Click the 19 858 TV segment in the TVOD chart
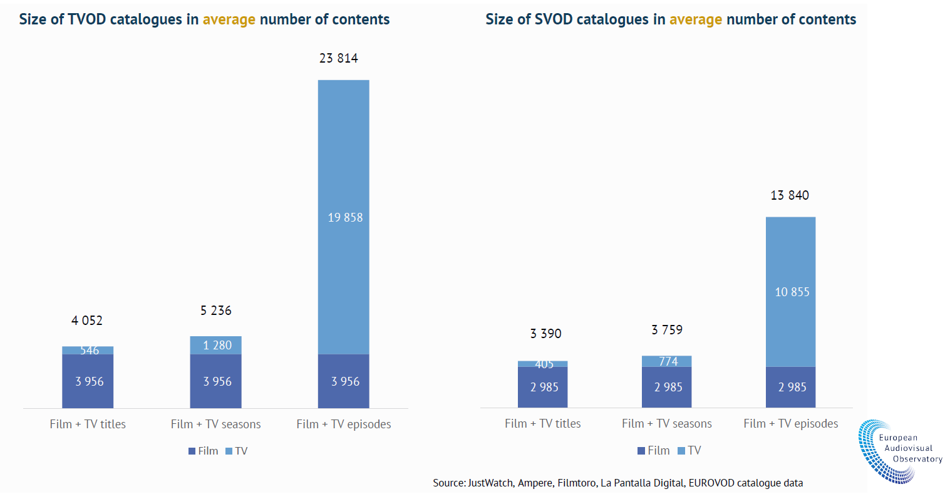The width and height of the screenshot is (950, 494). (x=344, y=217)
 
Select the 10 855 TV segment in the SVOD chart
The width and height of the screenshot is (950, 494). (x=791, y=292)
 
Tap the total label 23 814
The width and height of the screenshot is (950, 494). (x=338, y=58)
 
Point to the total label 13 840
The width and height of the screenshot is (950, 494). (x=789, y=195)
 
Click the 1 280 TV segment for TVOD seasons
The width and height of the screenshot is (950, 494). (x=216, y=345)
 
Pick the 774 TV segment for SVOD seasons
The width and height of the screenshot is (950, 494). (x=667, y=361)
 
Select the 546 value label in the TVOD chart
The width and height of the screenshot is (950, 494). (x=89, y=351)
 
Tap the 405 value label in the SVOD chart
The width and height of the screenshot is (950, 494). (x=544, y=364)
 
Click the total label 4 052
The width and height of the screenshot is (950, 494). (x=86, y=321)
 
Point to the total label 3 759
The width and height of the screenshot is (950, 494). (x=666, y=330)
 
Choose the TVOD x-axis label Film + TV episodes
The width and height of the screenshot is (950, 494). (x=343, y=424)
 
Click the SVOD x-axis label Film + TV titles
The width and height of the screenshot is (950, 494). (x=542, y=423)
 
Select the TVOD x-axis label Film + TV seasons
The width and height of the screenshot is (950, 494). (x=215, y=424)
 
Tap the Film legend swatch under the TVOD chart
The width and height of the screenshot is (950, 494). (x=192, y=451)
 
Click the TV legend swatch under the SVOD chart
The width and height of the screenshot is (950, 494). (x=681, y=451)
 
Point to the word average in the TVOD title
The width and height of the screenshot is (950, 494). (x=229, y=19)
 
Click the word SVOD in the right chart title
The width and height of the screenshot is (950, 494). (x=553, y=19)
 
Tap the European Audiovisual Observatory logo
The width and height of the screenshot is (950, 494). (x=899, y=450)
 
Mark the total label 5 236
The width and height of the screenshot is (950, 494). (x=215, y=311)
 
